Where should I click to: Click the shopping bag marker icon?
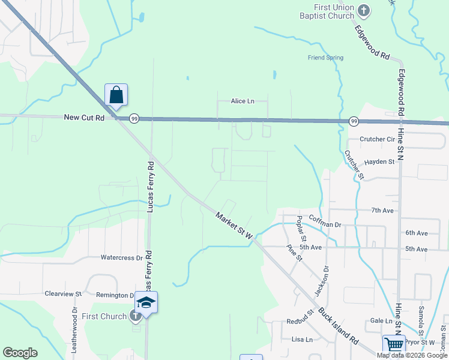tap(116, 95)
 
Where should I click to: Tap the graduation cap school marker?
tap(146, 302)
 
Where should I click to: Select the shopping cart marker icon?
tap(394, 345)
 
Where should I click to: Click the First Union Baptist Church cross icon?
tap(364, 10)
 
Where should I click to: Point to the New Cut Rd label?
tap(84, 118)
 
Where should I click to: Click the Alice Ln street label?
tap(243, 101)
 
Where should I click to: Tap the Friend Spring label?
tap(325, 58)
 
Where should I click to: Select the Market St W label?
tap(235, 226)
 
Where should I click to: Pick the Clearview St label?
tap(63, 294)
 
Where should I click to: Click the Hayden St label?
tap(379, 161)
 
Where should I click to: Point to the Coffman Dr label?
tap(325, 225)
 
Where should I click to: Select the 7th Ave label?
tap(382, 211)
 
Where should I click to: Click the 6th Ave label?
tap(416, 233)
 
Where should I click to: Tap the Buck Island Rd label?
tap(337, 327)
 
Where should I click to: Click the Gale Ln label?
tap(381, 321)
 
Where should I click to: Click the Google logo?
tap(20, 353)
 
